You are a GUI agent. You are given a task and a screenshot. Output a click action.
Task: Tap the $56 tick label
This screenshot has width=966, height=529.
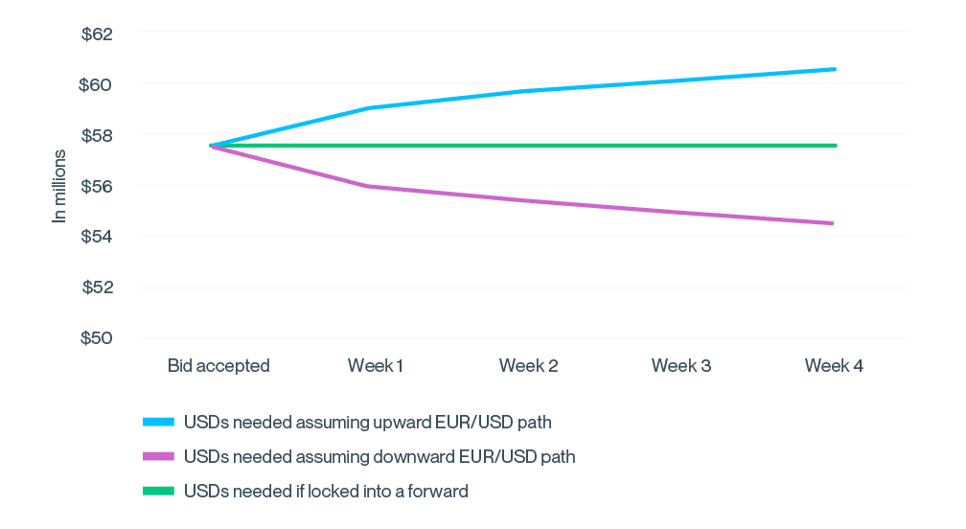98,186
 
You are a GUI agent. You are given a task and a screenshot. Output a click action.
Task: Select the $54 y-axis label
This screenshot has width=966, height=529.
98,237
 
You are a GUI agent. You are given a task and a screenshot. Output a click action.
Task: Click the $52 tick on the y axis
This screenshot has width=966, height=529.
98,287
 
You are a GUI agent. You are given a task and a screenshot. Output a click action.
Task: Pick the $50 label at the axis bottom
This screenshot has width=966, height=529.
98,338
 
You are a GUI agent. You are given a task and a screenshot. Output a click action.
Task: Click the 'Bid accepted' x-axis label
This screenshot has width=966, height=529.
219,365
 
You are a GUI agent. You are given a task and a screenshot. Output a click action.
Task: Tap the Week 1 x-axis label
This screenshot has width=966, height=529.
376,365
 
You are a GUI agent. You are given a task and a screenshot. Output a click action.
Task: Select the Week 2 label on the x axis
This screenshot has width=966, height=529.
528,365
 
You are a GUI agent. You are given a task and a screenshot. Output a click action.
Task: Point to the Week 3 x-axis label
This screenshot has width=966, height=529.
681,365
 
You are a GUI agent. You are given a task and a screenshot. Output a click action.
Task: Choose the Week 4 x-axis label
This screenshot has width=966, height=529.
834,365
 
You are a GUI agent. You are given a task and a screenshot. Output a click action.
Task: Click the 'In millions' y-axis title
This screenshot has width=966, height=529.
59,186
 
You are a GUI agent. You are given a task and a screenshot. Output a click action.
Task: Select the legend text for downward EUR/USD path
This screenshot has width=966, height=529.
379,456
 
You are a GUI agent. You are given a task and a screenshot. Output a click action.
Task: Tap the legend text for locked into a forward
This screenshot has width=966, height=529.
326,491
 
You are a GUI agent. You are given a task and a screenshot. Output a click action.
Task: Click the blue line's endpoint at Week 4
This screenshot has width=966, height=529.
836,69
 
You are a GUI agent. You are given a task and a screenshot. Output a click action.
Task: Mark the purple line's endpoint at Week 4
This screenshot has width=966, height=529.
833,223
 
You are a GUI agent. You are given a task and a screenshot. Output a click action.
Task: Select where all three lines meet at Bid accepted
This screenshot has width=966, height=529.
211,146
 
